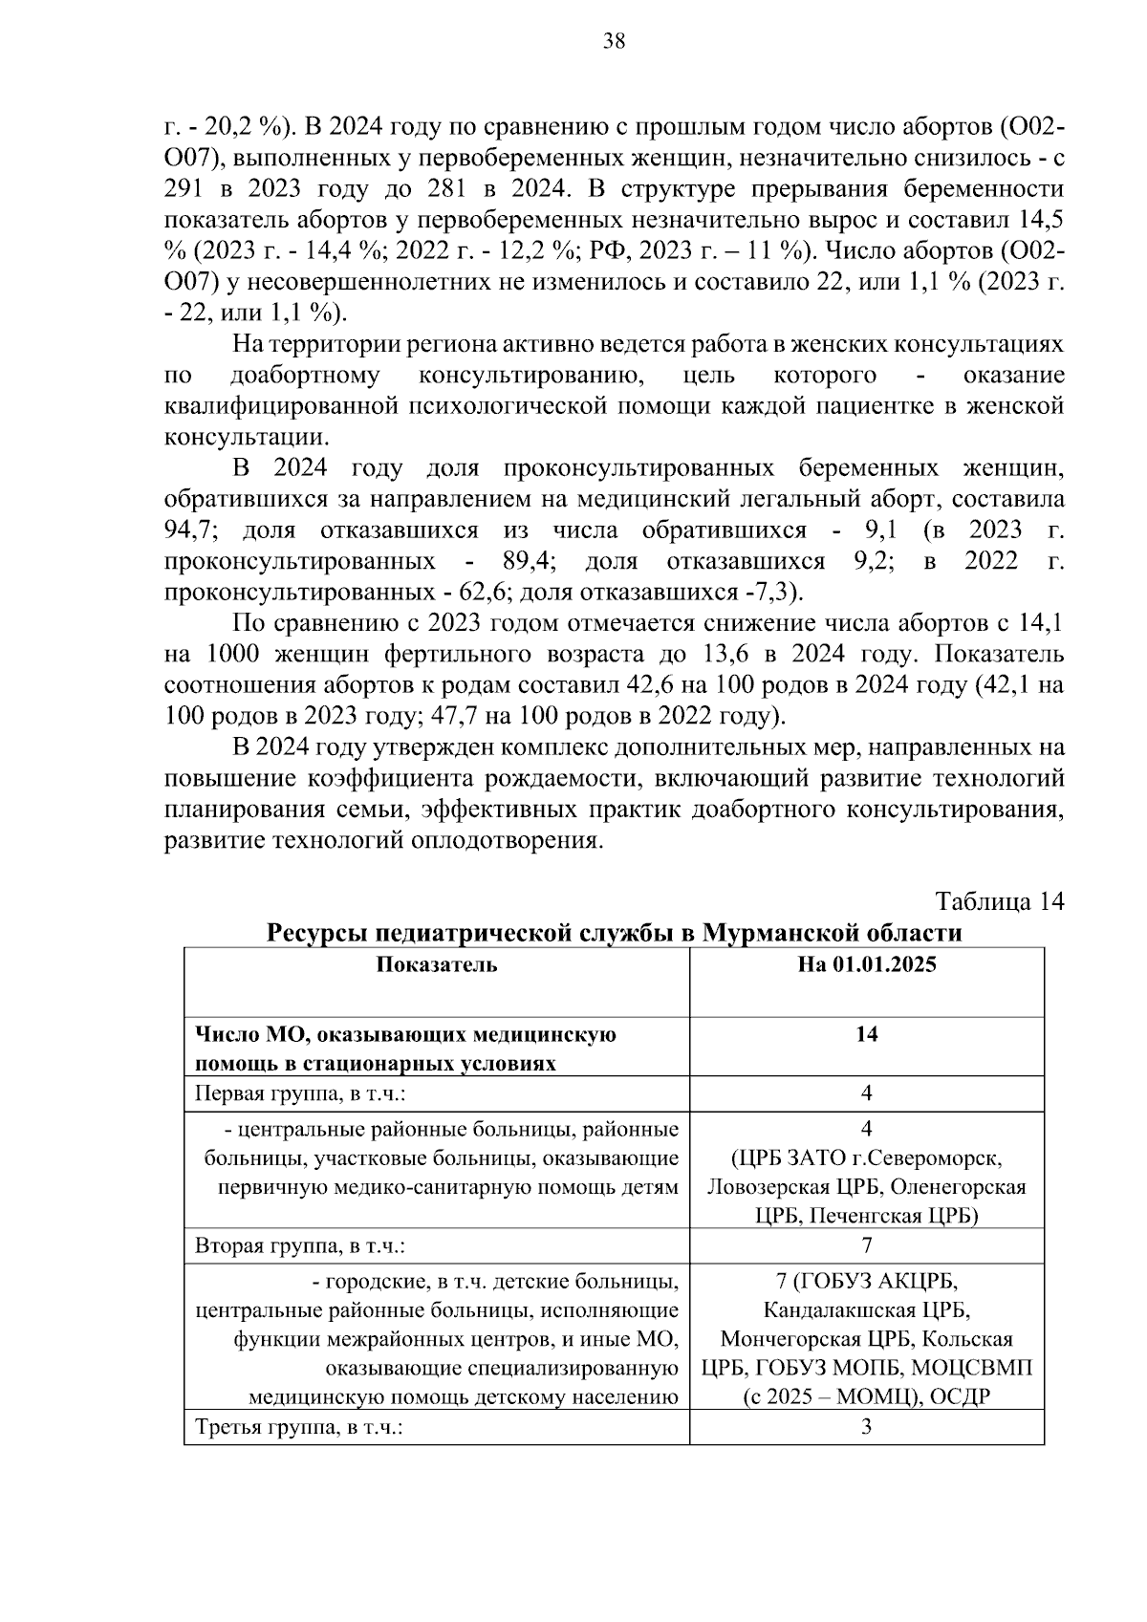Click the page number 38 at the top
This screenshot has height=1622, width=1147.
point(615,41)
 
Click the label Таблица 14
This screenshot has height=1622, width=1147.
point(999,902)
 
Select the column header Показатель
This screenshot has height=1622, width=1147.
point(436,964)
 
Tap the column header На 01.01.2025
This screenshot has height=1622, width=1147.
point(866,964)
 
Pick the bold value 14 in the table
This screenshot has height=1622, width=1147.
point(866,1034)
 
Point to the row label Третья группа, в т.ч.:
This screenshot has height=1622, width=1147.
point(297,1428)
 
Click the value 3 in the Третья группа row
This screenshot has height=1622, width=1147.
point(866,1428)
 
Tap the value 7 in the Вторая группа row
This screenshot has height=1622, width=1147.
point(866,1245)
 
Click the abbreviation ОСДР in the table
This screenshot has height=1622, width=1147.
point(961,1398)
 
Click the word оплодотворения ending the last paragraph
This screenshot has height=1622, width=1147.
point(505,841)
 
